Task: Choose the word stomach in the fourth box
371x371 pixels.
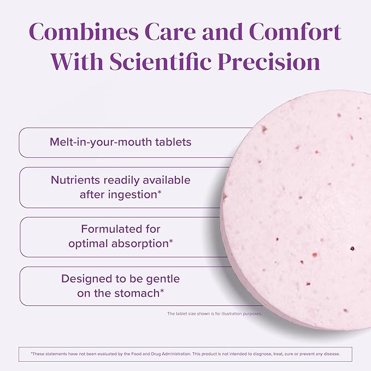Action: pyautogui.click(x=135, y=293)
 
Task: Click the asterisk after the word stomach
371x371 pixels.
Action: pyautogui.click(x=162, y=291)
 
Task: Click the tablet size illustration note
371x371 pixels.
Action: pyautogui.click(x=214, y=314)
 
